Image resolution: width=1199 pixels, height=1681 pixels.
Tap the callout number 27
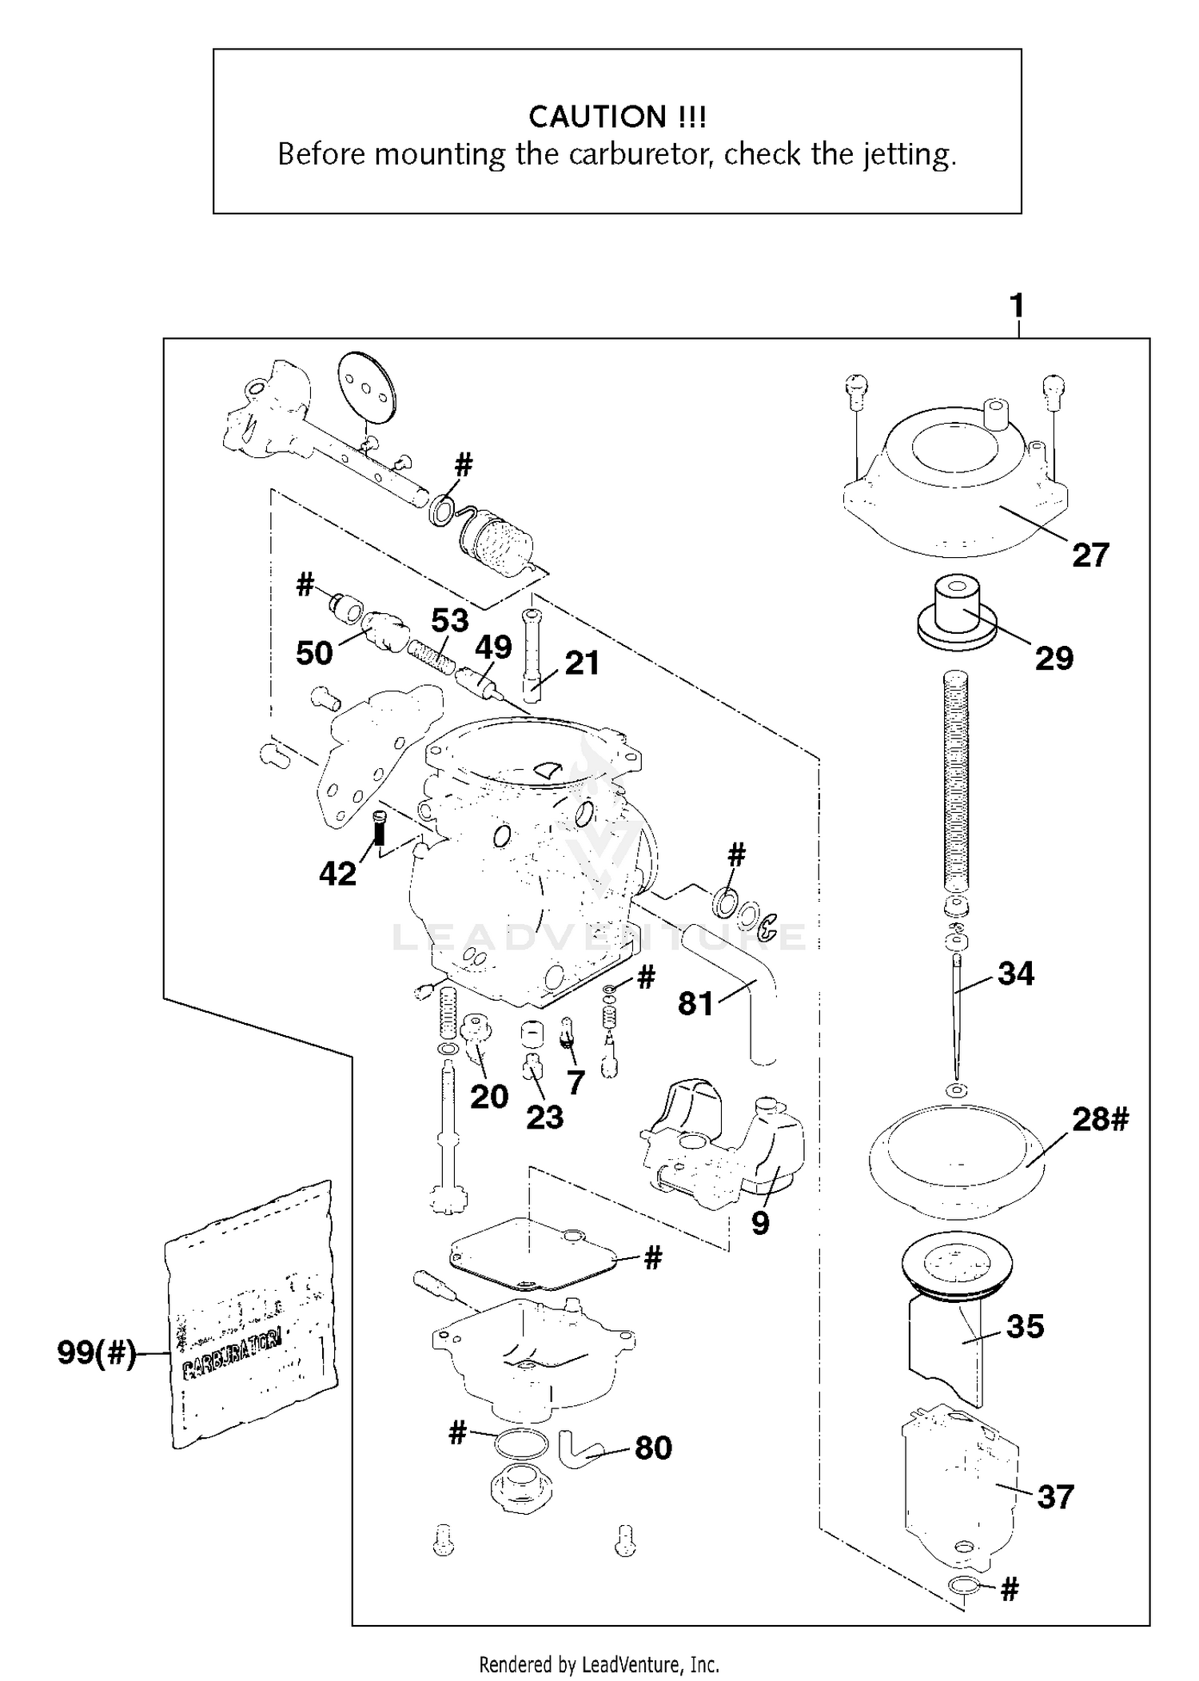coord(1090,555)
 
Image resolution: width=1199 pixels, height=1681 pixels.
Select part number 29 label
coord(1054,658)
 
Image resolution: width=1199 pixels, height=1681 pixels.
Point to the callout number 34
coord(1016,974)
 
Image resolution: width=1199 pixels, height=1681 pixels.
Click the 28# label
coord(1100,1119)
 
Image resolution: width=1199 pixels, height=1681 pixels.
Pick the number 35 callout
coord(1025,1326)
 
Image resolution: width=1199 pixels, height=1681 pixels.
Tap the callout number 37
coord(1055,1496)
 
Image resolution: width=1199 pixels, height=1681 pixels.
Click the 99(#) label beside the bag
coord(97,1353)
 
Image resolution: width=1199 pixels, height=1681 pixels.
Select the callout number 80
coord(653,1448)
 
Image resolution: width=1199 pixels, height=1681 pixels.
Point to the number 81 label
coord(695,1004)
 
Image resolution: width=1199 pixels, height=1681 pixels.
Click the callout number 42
coord(337,874)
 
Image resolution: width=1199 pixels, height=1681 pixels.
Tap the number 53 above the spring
coord(449,620)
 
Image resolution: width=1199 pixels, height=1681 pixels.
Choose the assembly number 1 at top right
coord(1017,305)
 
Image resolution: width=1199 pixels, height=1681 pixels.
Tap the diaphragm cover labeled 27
coord(955,496)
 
